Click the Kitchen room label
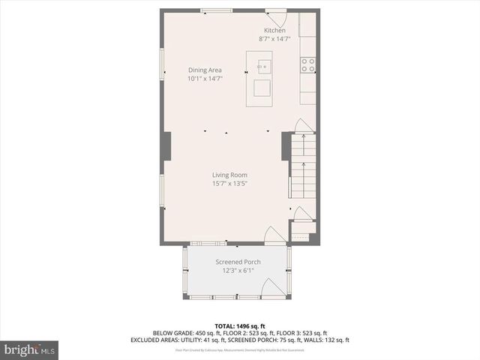click(274, 30)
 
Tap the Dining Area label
click(205, 70)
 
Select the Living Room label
click(229, 175)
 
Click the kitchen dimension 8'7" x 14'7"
click(274, 38)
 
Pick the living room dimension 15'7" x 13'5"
click(229, 183)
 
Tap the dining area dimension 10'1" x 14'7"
click(205, 78)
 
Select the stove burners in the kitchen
click(307, 65)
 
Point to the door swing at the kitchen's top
click(277, 16)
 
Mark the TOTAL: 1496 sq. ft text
click(240, 326)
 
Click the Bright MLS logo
click(30, 349)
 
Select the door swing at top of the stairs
click(302, 126)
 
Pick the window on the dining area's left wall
click(162, 64)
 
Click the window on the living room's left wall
click(162, 190)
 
